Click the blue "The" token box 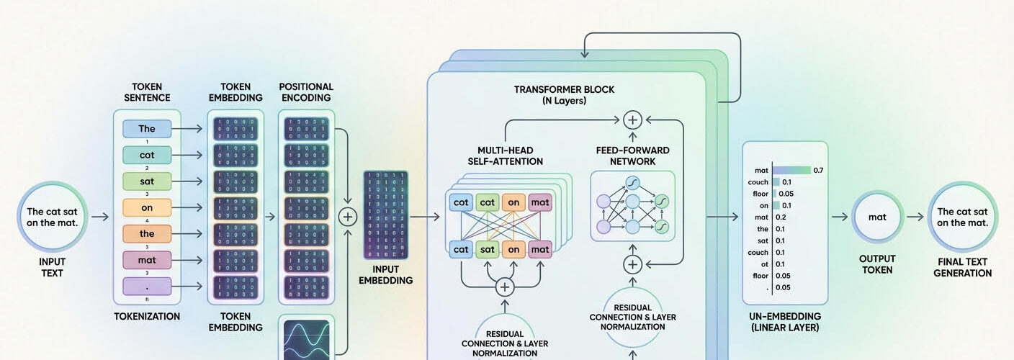[x=147, y=129]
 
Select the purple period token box [x=147, y=285]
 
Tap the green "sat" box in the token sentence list [x=147, y=181]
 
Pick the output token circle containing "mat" [x=877, y=217]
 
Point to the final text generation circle [x=962, y=217]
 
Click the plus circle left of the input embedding [x=348, y=216]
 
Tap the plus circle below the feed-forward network [x=632, y=264]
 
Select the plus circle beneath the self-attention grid [x=505, y=287]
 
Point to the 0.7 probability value [x=817, y=171]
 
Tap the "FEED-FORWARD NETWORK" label [x=632, y=156]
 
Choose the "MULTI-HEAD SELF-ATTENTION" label [x=505, y=156]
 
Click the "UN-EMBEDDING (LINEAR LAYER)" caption [x=784, y=322]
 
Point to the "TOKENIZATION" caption [x=147, y=316]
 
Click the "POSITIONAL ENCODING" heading [x=305, y=92]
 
